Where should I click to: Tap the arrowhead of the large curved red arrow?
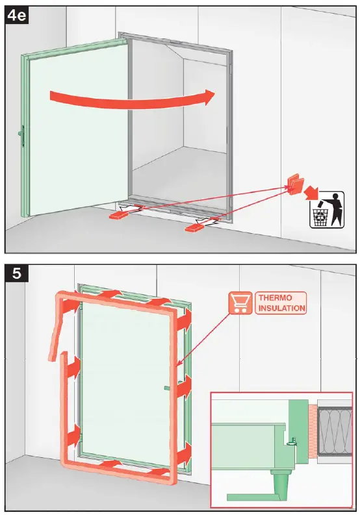click(x=207, y=97)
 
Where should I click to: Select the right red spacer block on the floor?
click(x=194, y=228)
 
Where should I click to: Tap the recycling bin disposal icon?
click(x=326, y=210)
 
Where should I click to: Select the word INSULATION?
click(x=281, y=308)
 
